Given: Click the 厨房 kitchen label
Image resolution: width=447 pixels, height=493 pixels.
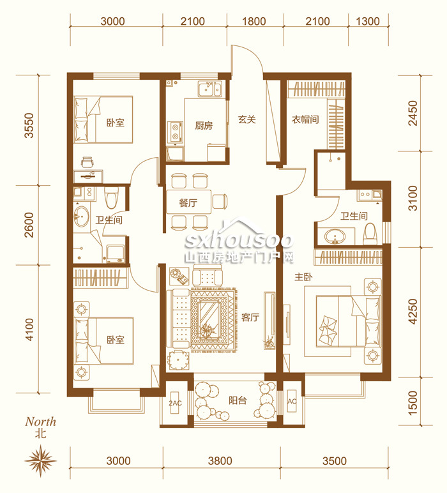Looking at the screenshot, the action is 204,126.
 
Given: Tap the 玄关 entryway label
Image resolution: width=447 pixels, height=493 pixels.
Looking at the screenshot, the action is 246,119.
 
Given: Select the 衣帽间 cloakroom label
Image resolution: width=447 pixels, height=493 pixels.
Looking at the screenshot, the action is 305,119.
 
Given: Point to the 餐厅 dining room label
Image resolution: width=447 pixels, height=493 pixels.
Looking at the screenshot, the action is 188,203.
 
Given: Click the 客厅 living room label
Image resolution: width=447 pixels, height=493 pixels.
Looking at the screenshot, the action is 250,317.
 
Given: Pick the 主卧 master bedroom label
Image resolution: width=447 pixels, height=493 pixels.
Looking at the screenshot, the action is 303,277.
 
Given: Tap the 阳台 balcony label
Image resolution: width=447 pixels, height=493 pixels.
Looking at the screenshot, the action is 238,400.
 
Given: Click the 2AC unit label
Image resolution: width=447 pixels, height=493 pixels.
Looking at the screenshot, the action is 175,403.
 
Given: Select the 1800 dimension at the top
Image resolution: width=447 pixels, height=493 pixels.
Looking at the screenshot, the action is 254,21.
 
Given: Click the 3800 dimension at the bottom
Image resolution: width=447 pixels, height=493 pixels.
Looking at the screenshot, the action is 220,461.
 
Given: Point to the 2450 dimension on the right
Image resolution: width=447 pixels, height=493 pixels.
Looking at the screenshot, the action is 413,113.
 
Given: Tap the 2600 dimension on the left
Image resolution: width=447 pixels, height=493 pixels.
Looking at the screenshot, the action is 29,225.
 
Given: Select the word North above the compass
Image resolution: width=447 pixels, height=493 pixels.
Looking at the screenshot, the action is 41,421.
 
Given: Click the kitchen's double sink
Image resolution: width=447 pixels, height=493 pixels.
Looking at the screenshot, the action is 209,89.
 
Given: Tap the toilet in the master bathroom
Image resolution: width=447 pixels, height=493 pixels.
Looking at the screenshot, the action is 370,234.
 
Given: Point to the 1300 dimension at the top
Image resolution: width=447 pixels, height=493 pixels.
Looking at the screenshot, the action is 368,21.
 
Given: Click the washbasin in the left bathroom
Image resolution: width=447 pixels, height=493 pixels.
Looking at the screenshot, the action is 81,216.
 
